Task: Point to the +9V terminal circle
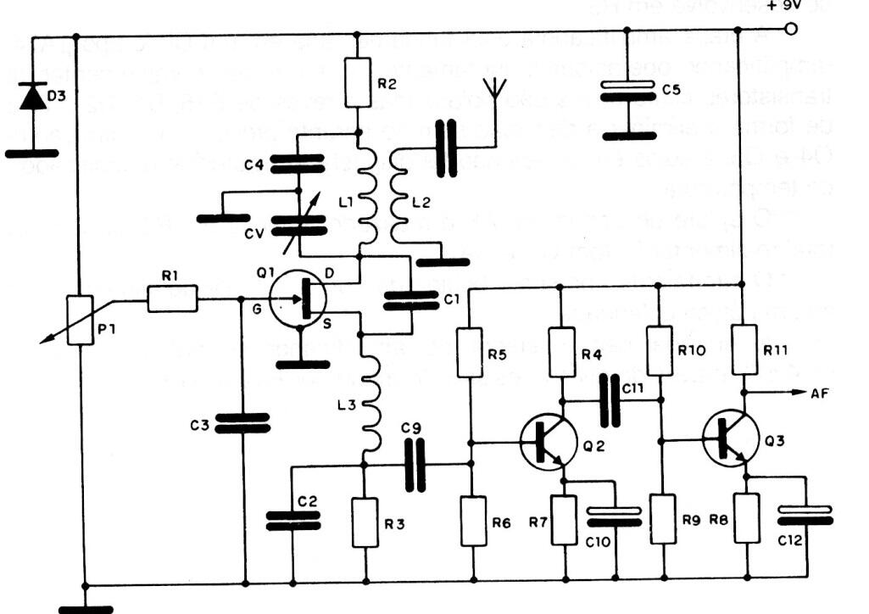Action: click(x=790, y=30)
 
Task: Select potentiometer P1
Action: click(x=80, y=320)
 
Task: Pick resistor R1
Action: click(x=173, y=299)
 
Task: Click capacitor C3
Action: click(x=242, y=422)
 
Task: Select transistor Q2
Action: click(x=549, y=442)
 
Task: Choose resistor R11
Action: click(x=744, y=349)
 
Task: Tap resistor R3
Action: click(x=365, y=522)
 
